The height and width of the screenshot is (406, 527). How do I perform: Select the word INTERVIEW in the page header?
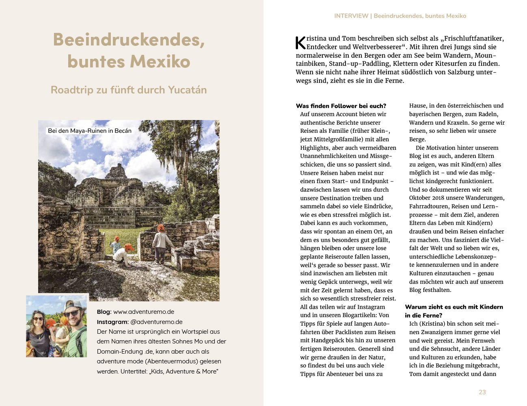pyautogui.click(x=351, y=16)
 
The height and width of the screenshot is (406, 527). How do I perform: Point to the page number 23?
pyautogui.click(x=482, y=392)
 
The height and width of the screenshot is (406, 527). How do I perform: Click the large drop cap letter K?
pyautogui.click(x=300, y=42)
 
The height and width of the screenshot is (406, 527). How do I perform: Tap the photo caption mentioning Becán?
pyautogui.click(x=90, y=131)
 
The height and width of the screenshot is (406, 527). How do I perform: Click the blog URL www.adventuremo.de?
pyautogui.click(x=143, y=312)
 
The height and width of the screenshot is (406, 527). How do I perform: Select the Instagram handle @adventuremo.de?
pyautogui.click(x=156, y=322)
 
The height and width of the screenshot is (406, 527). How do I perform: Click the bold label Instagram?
pyautogui.click(x=112, y=322)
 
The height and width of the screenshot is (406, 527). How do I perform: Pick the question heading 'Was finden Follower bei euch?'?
pyautogui.click(x=341, y=106)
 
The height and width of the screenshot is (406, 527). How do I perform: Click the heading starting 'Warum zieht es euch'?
pyautogui.click(x=454, y=307)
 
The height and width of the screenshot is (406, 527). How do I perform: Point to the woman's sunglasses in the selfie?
pyautogui.click(x=38, y=319)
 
